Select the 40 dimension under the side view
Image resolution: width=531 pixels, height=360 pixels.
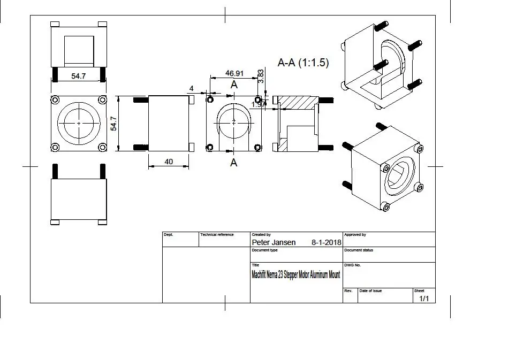pyautogui.click(x=169, y=162)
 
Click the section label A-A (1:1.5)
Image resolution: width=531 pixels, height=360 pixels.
pyautogui.click(x=303, y=63)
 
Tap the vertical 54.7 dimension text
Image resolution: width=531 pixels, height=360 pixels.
pyautogui.click(x=113, y=124)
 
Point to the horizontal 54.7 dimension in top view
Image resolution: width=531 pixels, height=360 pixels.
pyautogui.click(x=79, y=76)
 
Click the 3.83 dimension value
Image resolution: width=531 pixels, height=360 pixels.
pyautogui.click(x=261, y=75)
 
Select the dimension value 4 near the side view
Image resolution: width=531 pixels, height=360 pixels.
pyautogui.click(x=191, y=88)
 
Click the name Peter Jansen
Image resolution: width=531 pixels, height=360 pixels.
pyautogui.click(x=273, y=242)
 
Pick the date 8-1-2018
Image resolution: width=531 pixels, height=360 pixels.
pyautogui.click(x=326, y=242)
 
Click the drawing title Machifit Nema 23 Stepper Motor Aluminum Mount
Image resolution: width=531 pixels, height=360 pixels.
pyautogui.click(x=295, y=275)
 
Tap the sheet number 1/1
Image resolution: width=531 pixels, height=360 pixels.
pyautogui.click(x=424, y=298)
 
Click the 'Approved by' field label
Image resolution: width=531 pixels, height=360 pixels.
pyautogui.click(x=355, y=235)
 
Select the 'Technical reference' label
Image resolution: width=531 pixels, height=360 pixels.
pyautogui.click(x=217, y=235)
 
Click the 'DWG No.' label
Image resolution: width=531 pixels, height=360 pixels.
pyautogui.click(x=352, y=265)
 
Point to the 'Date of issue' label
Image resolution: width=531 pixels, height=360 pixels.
pyautogui.click(x=370, y=291)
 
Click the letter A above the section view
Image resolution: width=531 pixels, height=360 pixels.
pyautogui.click(x=234, y=85)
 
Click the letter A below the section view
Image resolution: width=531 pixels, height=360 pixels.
pyautogui.click(x=233, y=163)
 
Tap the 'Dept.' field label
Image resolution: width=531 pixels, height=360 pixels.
pyautogui.click(x=168, y=235)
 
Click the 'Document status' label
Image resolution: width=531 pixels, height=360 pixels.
pyautogui.click(x=358, y=250)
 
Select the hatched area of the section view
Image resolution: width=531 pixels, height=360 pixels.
pyautogui.click(x=297, y=102)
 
